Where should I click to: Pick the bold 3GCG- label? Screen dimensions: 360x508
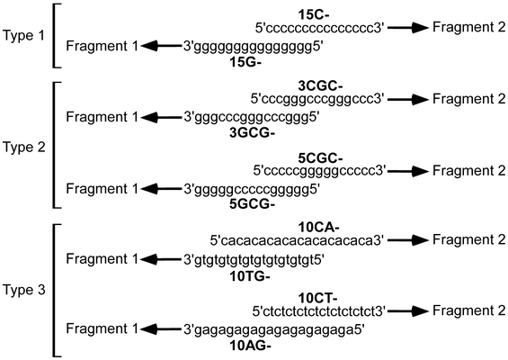[x=252, y=133]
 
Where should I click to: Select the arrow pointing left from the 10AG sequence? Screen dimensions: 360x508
[x=162, y=329]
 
